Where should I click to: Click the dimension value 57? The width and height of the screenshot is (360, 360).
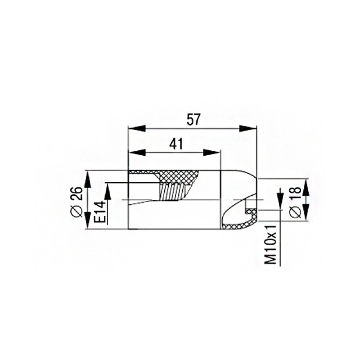pyautogui.click(x=193, y=119)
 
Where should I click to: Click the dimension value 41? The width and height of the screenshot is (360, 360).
pyautogui.click(x=176, y=144)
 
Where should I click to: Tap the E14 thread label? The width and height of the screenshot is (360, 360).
pyautogui.click(x=100, y=211)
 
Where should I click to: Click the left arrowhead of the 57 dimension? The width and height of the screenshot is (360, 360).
pyautogui.click(x=137, y=129)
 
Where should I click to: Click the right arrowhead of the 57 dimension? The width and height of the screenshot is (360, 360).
pyautogui.click(x=248, y=129)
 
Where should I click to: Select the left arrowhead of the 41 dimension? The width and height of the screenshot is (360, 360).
pyautogui.click(x=137, y=153)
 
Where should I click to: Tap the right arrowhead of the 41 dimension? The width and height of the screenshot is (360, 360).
pyautogui.click(x=211, y=153)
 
